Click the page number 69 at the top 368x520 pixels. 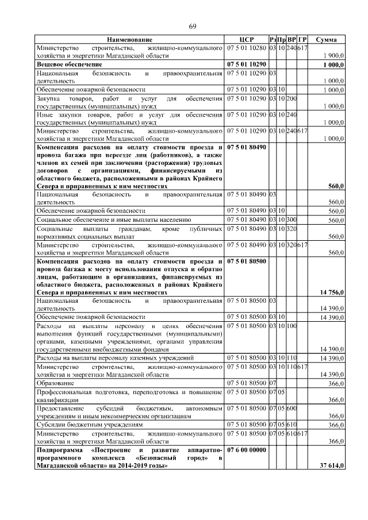click(193, 26)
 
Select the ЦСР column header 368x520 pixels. click(247, 39)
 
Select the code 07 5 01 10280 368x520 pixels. click(247, 47)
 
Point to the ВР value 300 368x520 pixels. click(292, 219)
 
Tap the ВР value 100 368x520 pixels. click(292, 326)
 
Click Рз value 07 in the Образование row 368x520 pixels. click(273, 383)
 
